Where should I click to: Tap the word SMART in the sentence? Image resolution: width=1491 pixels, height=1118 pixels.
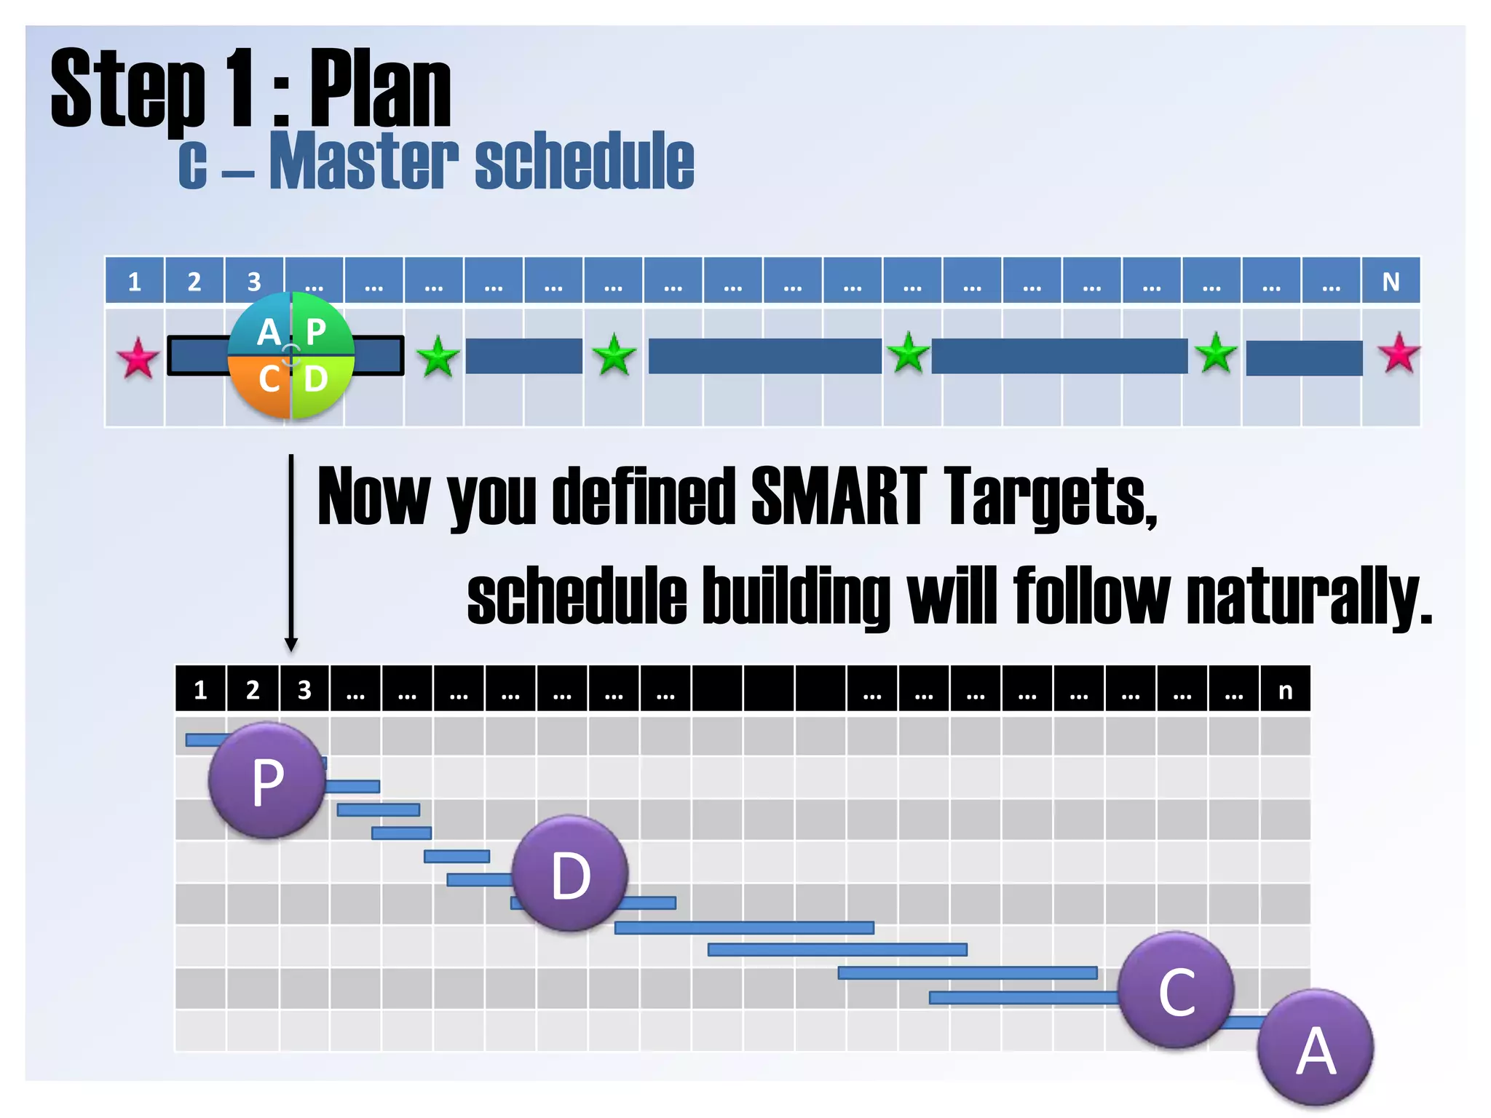pos(839,496)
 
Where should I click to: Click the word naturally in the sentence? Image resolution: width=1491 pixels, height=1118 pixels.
pos(1308,596)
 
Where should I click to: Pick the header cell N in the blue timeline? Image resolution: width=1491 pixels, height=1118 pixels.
pos(1391,281)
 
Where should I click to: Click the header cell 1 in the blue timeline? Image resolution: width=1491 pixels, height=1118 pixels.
pos(135,281)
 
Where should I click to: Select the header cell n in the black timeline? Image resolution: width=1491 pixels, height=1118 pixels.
pos(1286,689)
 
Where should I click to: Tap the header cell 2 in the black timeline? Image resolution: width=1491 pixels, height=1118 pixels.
pos(253,689)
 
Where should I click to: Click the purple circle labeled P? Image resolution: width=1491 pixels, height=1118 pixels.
pos(267,780)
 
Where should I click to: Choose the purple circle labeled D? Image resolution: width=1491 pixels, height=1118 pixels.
pos(570,873)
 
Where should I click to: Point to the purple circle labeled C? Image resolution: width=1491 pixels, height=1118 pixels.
pos(1176,990)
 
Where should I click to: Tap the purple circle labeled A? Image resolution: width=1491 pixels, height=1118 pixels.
pos(1316,1048)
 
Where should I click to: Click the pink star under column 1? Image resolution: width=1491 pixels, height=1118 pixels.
pos(138,357)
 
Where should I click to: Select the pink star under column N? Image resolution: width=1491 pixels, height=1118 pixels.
pos(1399,353)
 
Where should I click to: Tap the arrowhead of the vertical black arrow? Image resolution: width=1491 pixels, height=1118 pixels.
pos(291,644)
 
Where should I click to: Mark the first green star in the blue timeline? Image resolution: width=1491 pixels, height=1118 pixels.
pos(438,357)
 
